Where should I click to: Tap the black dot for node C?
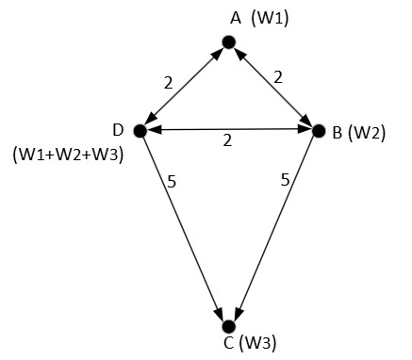click(227, 325)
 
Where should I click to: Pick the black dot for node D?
click(139, 130)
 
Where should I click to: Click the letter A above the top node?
click(235, 17)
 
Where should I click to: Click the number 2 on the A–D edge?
click(167, 82)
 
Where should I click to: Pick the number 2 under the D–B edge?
click(227, 141)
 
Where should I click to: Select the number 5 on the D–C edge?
click(170, 181)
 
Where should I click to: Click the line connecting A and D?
click(183, 86)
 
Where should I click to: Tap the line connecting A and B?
click(272, 86)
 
